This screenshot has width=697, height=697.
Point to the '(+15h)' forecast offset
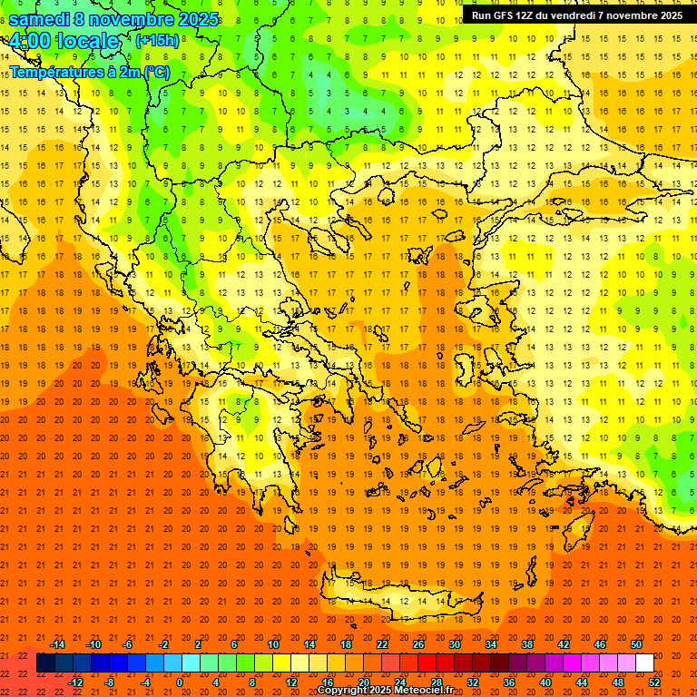[157, 41]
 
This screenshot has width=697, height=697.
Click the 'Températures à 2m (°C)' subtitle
[89, 72]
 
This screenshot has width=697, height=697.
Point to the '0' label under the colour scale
[180, 682]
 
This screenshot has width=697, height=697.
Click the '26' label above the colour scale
[418, 644]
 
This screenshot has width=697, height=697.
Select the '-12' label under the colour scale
[75, 682]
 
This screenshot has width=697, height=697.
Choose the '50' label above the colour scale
[636, 644]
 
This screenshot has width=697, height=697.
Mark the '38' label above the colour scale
[527, 644]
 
